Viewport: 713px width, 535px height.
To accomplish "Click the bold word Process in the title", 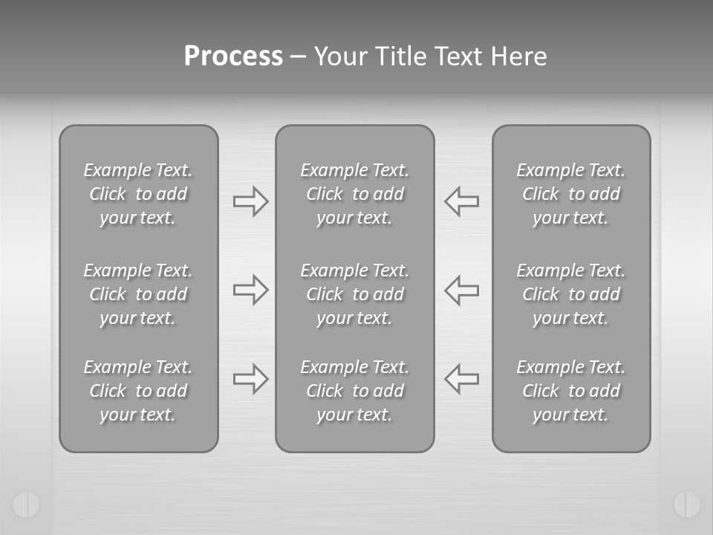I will (233, 56).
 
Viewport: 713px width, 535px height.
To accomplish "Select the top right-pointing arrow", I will (251, 201).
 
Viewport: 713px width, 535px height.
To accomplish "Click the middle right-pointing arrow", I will (251, 290).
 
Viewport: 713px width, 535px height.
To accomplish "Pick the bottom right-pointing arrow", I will (251, 379).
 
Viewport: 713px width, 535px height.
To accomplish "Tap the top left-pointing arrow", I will (461, 201).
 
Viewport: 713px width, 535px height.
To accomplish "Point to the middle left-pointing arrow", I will (461, 290).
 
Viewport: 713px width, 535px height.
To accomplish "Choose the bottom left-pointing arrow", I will (461, 379).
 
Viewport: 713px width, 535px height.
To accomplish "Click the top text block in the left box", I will (138, 194).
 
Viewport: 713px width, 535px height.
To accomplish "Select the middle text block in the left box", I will (138, 294).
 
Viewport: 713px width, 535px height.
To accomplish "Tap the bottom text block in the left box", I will (138, 391).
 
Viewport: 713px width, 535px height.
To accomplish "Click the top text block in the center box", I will (355, 194).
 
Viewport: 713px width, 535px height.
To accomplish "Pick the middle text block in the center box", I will (355, 294).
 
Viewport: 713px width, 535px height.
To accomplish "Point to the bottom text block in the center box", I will (355, 391).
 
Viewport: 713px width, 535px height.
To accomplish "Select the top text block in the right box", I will (571, 194).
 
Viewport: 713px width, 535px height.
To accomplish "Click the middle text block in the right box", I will (571, 294).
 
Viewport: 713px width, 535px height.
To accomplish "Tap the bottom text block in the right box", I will (571, 391).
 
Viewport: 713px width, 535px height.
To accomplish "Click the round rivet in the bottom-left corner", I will (26, 505).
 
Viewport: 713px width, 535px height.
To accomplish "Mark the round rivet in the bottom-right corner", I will (687, 505).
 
